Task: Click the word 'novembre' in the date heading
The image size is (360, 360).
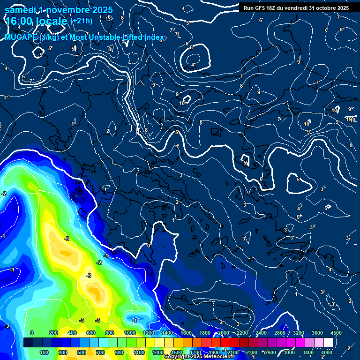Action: point(65,9)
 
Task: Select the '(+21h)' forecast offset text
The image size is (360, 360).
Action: point(81,21)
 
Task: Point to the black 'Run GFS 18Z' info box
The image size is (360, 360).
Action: point(296,8)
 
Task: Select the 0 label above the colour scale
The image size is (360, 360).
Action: point(32,333)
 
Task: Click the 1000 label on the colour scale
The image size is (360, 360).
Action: point(130,333)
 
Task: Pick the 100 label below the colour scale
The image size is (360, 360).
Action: point(44,352)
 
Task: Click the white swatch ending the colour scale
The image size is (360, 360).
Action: point(328,343)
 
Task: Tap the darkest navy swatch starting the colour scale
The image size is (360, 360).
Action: point(28,343)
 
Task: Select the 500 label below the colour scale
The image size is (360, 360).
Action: point(82,352)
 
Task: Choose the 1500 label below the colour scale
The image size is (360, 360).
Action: point(177,352)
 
